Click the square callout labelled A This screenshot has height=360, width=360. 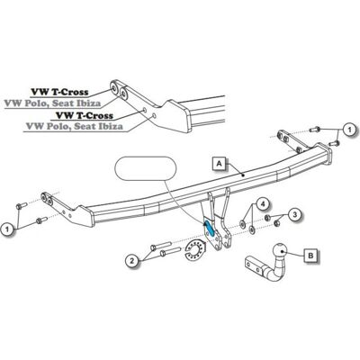pyautogui.click(x=220, y=164)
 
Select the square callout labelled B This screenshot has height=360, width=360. pyautogui.click(x=311, y=256)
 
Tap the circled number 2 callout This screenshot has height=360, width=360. pyautogui.click(x=131, y=261)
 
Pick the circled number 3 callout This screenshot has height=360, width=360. pyautogui.click(x=295, y=214)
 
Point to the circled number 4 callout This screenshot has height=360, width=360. pyautogui.click(x=263, y=204)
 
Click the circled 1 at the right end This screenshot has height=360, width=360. pyautogui.click(x=348, y=130)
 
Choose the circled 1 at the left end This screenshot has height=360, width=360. pyautogui.click(x=7, y=229)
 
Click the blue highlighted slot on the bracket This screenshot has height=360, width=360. pyautogui.click(x=209, y=229)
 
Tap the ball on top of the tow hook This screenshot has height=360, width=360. pyautogui.click(x=280, y=249)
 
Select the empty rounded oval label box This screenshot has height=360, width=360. pyautogui.click(x=146, y=168)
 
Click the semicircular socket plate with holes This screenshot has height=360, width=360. pyautogui.click(x=194, y=249)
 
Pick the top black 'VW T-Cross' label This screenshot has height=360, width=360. pyautogui.click(x=60, y=92)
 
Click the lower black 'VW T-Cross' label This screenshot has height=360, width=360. pyautogui.click(x=85, y=115)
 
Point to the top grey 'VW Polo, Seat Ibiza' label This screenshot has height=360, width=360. pyautogui.click(x=53, y=103)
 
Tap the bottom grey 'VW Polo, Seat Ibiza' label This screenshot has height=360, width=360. pyautogui.click(x=75, y=126)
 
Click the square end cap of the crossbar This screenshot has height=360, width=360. pyautogui.click(x=325, y=154)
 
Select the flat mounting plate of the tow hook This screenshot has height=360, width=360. pyautogui.click(x=254, y=265)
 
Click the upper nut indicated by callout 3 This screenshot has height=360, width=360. pyautogui.click(x=267, y=217)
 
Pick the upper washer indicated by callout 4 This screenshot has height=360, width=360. pyautogui.click(x=242, y=223)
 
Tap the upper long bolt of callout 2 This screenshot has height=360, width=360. pyautogui.click(x=160, y=245)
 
